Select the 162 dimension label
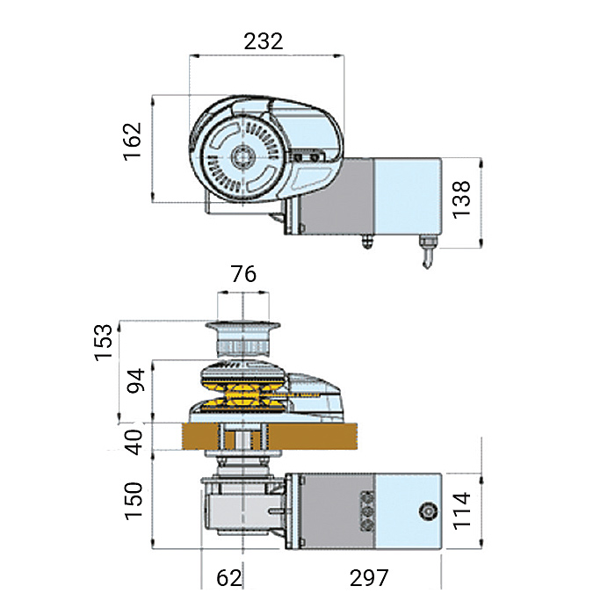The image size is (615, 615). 132,141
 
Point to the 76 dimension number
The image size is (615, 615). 242,274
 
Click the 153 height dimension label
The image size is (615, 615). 104,343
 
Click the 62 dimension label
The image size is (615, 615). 228,578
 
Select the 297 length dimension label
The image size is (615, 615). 368,578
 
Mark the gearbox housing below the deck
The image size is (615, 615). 237,510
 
